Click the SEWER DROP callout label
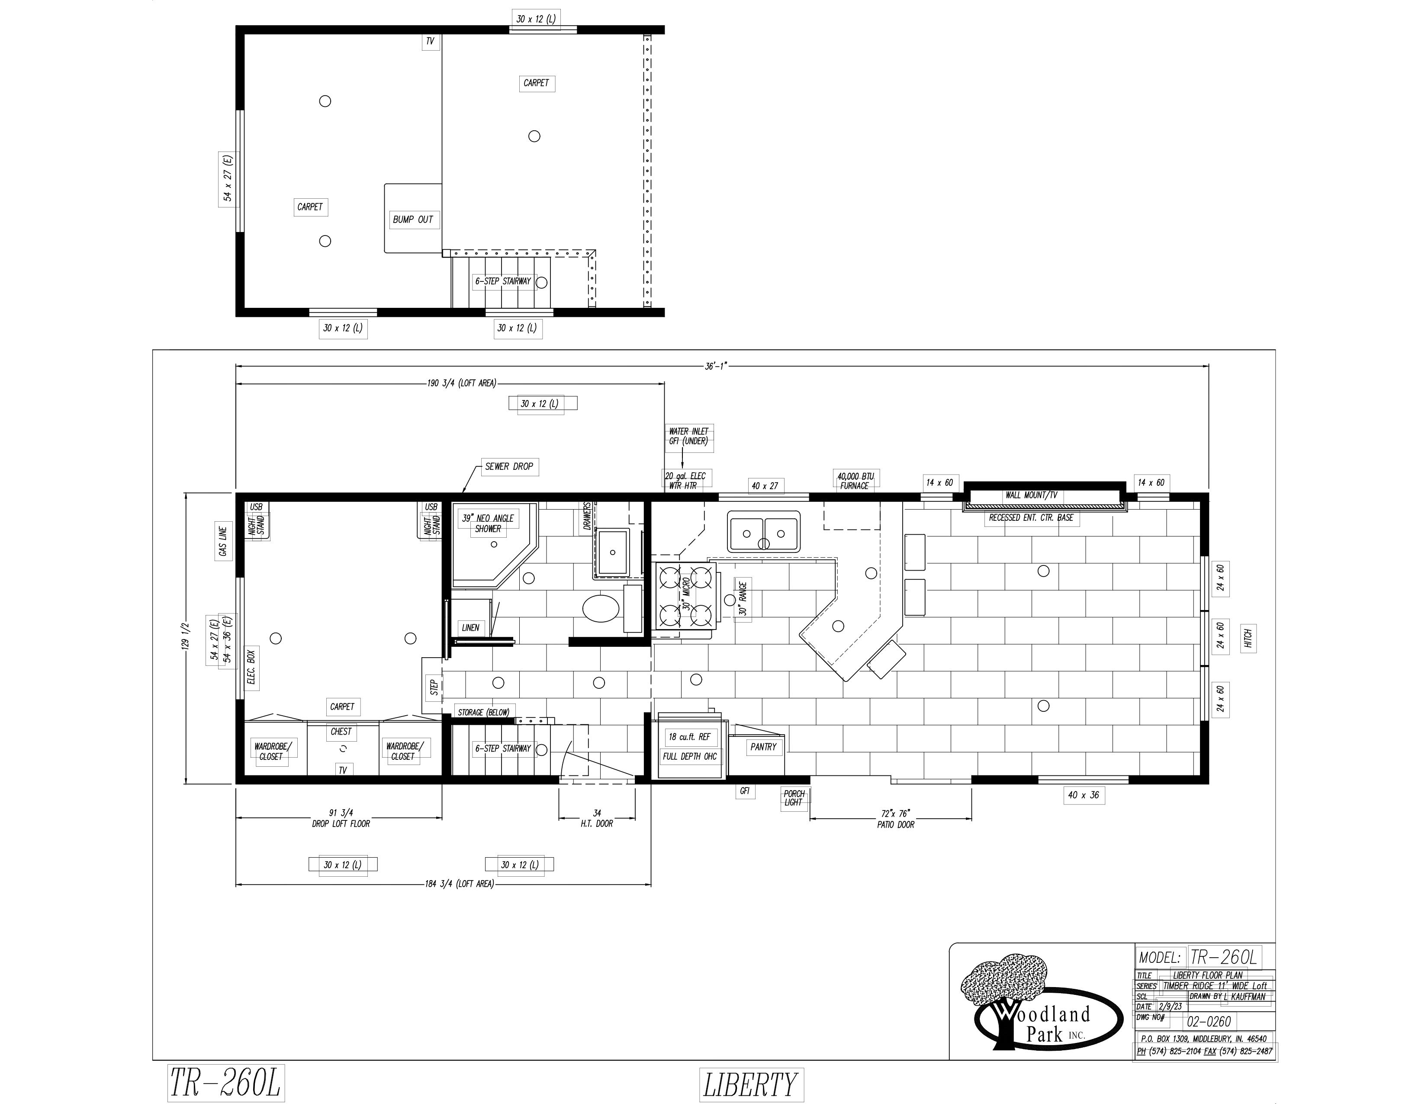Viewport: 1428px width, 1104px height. tap(509, 466)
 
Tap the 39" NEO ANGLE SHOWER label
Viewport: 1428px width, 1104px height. tap(488, 523)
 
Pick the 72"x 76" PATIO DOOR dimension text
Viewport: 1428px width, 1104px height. tap(895, 819)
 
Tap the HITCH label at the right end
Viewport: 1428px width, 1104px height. tap(1248, 638)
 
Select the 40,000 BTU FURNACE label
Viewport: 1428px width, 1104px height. tap(855, 481)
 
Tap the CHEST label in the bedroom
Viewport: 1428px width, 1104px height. tap(341, 732)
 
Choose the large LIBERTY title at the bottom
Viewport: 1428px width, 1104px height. tap(751, 1085)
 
